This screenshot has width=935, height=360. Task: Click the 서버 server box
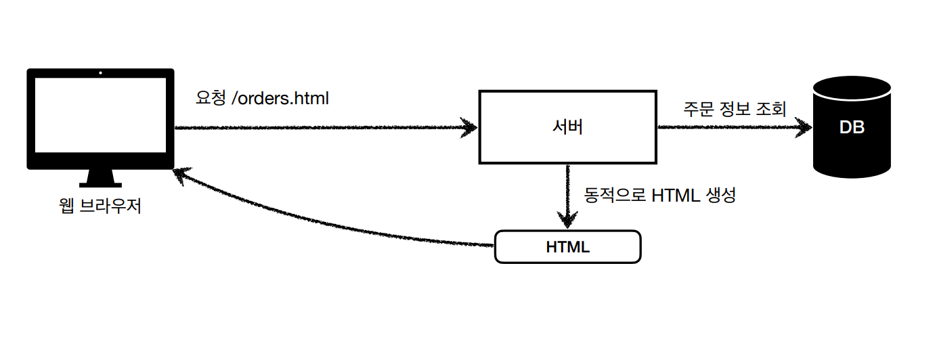pos(567,127)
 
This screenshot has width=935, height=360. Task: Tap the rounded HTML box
pos(567,247)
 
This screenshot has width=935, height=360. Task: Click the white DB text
pos(852,127)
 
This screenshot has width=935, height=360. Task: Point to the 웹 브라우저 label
pos(100,206)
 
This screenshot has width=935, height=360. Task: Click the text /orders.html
pos(280,99)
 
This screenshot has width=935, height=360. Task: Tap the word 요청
pos(210,99)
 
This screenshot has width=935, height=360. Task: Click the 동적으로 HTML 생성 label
pos(659,196)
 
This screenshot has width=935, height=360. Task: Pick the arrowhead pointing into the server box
pos(469,127)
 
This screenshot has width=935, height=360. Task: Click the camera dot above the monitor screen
pos(100,72)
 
